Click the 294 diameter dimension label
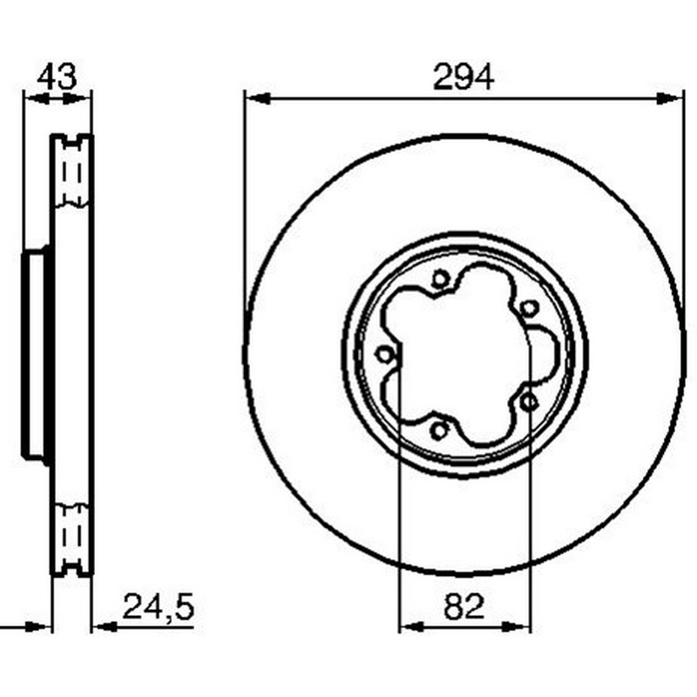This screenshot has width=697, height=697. click(x=464, y=78)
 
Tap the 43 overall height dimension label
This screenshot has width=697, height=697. click(x=57, y=78)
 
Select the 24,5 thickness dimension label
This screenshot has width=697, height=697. click(x=159, y=607)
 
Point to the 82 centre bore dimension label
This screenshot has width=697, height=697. click(x=464, y=606)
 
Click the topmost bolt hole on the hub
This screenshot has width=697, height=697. click(x=439, y=280)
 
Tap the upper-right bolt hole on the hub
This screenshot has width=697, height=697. click(x=529, y=308)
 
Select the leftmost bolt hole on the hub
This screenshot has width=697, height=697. click(x=383, y=355)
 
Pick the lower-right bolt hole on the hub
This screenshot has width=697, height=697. click(x=529, y=402)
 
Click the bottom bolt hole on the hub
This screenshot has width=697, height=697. click(x=439, y=430)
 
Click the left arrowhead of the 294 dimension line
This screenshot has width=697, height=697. click(x=258, y=98)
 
